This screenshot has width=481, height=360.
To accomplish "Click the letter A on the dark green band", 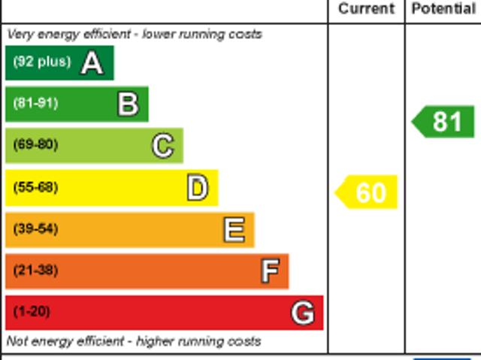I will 92,62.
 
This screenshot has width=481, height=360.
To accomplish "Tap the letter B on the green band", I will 128,104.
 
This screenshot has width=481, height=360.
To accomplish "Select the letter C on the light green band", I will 162,145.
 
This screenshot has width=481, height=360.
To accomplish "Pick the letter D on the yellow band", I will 198,187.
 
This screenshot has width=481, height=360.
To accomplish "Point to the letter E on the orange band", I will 234,229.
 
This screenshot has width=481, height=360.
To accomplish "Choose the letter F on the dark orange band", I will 270,271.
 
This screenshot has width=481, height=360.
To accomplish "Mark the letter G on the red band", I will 303,312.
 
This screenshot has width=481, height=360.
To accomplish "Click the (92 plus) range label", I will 41,62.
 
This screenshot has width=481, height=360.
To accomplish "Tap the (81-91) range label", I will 35,104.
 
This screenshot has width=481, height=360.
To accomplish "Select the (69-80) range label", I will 35,145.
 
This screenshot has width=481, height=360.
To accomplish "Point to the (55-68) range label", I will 35,187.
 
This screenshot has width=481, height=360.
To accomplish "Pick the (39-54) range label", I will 35,229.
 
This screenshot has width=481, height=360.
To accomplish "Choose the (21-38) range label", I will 35,271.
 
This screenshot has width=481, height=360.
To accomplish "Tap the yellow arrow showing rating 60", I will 367,192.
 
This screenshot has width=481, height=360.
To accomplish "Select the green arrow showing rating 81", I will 444,122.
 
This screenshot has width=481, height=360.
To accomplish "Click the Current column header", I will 366,9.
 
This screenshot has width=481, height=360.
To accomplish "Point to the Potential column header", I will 443,9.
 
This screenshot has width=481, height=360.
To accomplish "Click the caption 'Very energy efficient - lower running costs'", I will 135,34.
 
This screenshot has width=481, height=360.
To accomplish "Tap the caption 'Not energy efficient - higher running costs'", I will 134,341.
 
